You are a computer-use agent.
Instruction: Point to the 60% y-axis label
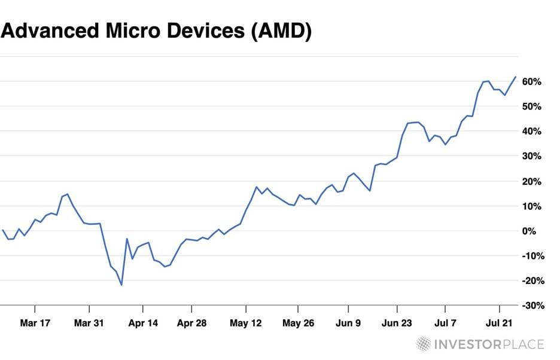(531, 81)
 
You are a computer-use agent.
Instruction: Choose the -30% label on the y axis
(529, 306)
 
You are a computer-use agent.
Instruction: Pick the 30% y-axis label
(531, 156)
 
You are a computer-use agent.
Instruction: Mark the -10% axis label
(529, 256)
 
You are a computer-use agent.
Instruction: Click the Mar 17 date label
(35, 323)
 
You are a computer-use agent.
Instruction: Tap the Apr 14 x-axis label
(143, 323)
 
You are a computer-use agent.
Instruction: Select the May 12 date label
(246, 323)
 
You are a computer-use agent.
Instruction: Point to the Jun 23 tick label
(397, 323)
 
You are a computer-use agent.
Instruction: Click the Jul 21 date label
(500, 323)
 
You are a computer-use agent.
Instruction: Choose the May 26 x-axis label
(298, 323)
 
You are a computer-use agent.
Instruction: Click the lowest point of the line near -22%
(121, 285)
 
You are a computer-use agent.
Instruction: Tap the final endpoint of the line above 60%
(515, 77)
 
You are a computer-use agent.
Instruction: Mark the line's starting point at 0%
(3, 230)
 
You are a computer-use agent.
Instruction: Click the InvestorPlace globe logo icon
(424, 344)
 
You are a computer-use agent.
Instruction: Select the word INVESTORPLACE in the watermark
(489, 344)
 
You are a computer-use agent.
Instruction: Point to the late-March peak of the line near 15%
(68, 194)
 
